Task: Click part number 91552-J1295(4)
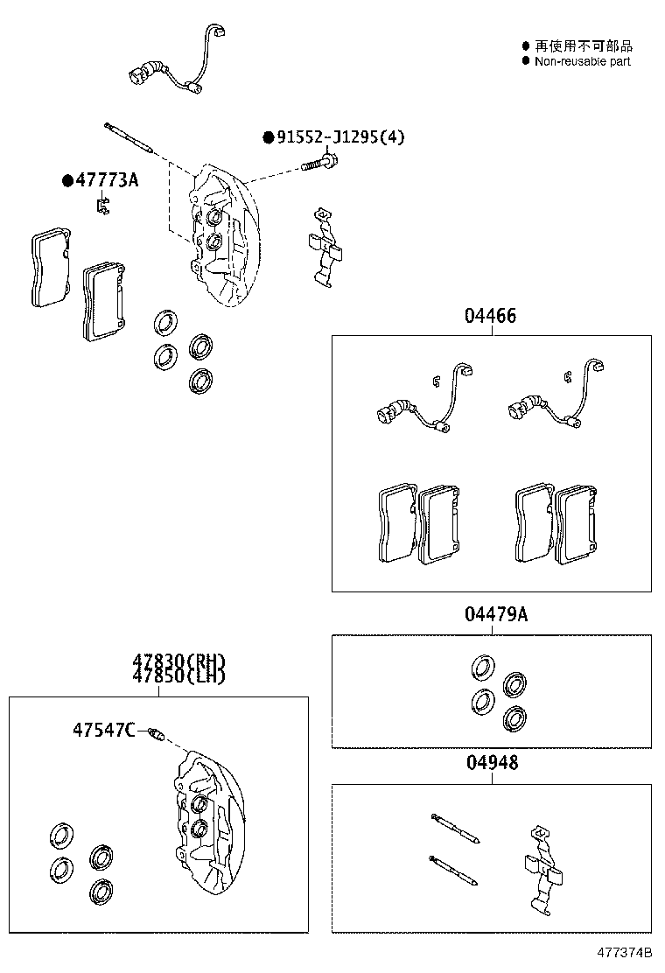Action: [x=340, y=137]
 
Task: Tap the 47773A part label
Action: [x=107, y=180]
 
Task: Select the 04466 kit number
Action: [x=490, y=316]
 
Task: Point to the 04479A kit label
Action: [x=495, y=614]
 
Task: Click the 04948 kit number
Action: [x=491, y=763]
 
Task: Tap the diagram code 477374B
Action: [x=625, y=951]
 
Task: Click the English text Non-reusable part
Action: [x=582, y=61]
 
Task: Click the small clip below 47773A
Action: [x=102, y=206]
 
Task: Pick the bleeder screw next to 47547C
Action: [x=155, y=733]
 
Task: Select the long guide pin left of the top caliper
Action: [x=129, y=139]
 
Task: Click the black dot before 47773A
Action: [x=67, y=181]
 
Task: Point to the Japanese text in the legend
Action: [x=584, y=45]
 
